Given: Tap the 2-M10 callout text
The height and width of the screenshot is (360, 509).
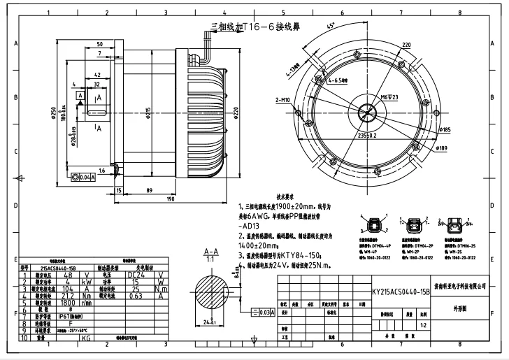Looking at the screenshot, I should click(284, 100).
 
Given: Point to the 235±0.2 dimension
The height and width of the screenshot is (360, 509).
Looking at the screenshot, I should click(371, 135).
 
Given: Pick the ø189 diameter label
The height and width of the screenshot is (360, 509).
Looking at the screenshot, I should click(442, 148).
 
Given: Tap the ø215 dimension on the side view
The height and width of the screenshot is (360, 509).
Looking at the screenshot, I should click(148, 112).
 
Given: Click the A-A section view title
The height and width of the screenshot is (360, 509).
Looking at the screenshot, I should click(210, 251).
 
